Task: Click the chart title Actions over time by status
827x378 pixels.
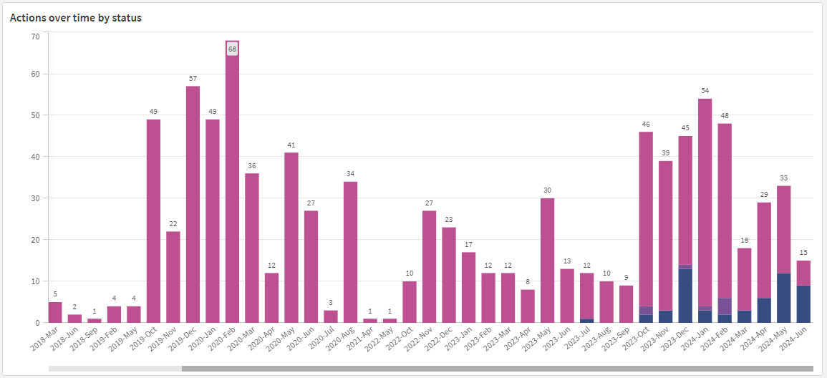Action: pos(75,18)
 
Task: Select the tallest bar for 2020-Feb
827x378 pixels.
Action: pos(232,186)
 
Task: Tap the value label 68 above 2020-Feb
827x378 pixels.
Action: pos(232,49)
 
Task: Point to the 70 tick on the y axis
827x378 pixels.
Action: pos(35,32)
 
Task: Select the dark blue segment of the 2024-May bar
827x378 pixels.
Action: pos(784,298)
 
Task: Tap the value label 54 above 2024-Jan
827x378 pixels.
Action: pos(705,91)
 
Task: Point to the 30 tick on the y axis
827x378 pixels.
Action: pos(35,198)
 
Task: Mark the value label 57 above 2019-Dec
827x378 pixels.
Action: pos(193,78)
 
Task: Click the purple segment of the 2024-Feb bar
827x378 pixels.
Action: pos(725,306)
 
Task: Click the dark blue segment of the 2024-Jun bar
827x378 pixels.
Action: pos(803,304)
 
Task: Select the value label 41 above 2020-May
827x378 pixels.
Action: pos(291,145)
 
